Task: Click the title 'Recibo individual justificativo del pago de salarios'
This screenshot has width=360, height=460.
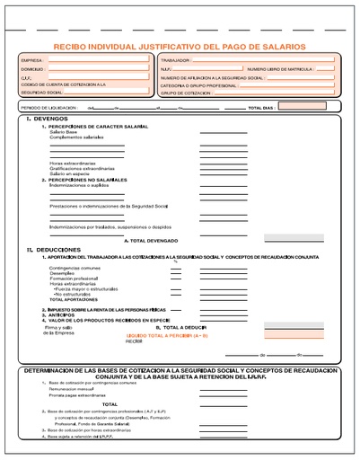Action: pyautogui.click(x=180, y=45)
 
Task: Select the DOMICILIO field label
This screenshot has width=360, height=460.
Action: pyautogui.click(x=32, y=67)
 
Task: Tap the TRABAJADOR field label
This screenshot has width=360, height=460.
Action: pyautogui.click(x=176, y=59)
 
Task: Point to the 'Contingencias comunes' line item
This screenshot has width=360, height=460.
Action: pyautogui.click(x=75, y=268)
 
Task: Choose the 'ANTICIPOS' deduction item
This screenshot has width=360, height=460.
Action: pyautogui.click(x=63, y=314)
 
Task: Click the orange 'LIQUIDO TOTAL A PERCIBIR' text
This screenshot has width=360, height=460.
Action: pyautogui.click(x=180, y=335)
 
